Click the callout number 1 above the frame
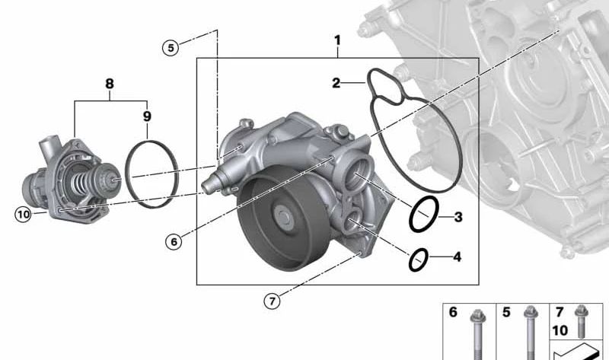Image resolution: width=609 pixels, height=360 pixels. (x=337, y=40)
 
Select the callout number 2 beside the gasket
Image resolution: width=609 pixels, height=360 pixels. (x=335, y=83)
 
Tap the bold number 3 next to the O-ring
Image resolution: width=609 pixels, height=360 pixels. (x=458, y=218)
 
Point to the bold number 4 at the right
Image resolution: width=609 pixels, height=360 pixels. (x=457, y=257)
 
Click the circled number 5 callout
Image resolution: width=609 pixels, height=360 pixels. (x=171, y=47)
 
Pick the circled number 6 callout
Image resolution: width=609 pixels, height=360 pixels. (x=174, y=241)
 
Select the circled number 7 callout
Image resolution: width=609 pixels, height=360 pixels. (x=272, y=301)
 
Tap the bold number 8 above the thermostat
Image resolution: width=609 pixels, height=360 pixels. (x=110, y=83)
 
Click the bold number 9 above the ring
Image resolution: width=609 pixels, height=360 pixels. (x=147, y=116)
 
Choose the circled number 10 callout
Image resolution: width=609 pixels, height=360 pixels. (x=24, y=215)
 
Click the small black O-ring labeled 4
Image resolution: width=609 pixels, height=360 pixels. (x=417, y=260)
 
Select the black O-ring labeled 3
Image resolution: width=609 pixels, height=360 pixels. (x=423, y=215)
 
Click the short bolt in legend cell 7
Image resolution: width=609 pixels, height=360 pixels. (x=582, y=320)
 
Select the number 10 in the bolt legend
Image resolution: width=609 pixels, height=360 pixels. (x=560, y=330)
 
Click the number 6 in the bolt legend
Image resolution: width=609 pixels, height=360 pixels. (x=452, y=312)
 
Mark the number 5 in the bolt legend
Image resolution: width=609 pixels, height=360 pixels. (x=505, y=312)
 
